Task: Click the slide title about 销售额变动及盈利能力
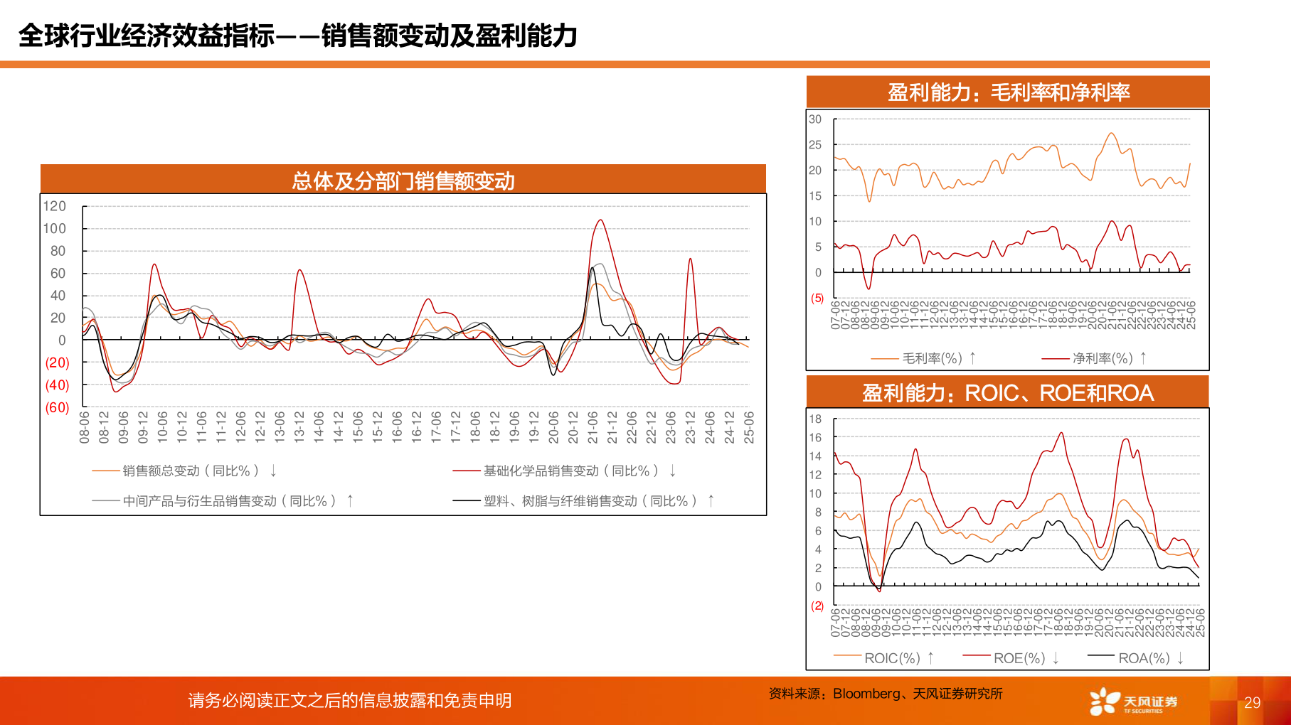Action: [x=297, y=36]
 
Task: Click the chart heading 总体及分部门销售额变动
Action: [x=403, y=181]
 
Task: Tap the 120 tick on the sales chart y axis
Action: [x=54, y=206]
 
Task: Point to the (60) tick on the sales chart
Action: [x=57, y=407]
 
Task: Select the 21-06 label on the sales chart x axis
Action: [x=593, y=427]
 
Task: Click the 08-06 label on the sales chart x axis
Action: [x=85, y=427]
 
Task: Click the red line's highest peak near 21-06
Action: [x=601, y=220]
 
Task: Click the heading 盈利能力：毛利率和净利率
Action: [x=1008, y=92]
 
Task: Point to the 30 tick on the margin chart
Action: [x=815, y=119]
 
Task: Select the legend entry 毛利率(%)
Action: [x=932, y=358]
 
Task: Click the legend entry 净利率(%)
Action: [x=1102, y=358]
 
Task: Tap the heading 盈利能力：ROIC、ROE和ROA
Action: [x=1008, y=393]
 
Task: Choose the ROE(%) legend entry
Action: [x=1019, y=658]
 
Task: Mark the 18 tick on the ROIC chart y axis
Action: [x=815, y=419]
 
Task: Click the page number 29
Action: [x=1252, y=702]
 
